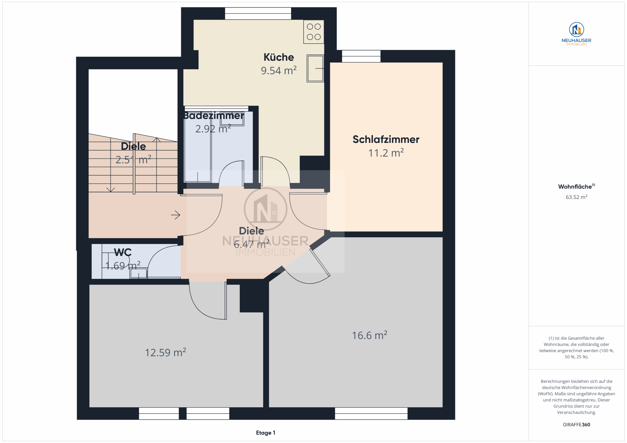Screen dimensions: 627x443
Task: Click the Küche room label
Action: [x=278, y=57]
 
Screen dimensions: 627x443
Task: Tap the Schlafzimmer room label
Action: [x=386, y=139]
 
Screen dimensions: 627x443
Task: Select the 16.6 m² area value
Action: [x=370, y=335]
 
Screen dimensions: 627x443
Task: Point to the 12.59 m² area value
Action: [x=165, y=352]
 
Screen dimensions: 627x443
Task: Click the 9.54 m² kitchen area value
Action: [x=278, y=70]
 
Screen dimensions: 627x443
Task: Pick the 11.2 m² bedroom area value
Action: [x=386, y=153]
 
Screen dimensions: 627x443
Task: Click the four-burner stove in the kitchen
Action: [x=313, y=32]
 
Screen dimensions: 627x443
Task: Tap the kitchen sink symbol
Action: [x=315, y=68]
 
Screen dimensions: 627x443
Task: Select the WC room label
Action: [x=123, y=252]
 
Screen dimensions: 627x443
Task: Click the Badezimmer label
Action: [x=213, y=116]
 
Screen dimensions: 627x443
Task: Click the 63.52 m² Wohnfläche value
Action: [x=577, y=197]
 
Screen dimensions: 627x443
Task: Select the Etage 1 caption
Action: [x=265, y=433]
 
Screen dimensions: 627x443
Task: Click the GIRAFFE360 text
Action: [x=577, y=425]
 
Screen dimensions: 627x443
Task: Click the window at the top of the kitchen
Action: [x=258, y=13]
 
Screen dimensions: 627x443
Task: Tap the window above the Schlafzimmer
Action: [x=361, y=56]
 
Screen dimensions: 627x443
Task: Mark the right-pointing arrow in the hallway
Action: [x=176, y=215]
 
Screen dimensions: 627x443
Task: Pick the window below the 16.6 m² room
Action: [x=371, y=414]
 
